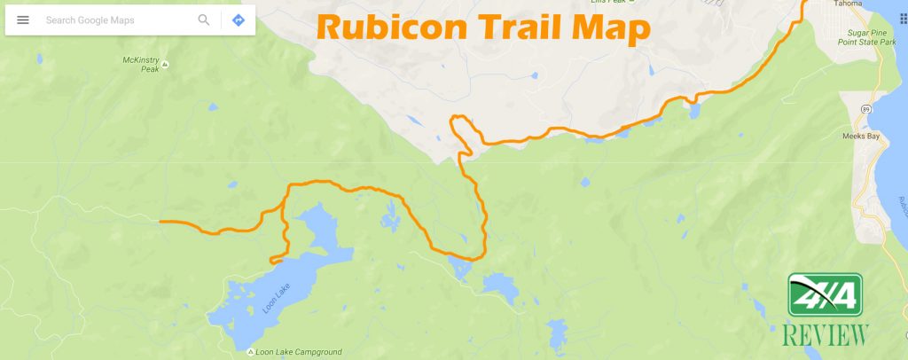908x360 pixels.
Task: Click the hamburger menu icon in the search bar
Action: [23, 20]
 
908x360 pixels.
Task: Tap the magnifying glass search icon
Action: [204, 20]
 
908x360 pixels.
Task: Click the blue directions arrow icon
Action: [238, 20]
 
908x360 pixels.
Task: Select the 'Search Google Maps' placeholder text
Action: [90, 20]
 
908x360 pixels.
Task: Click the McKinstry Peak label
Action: [144, 65]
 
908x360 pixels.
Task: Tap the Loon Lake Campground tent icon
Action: [251, 352]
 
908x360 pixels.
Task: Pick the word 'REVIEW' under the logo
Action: [826, 335]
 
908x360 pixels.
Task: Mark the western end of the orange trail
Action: [160, 221]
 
